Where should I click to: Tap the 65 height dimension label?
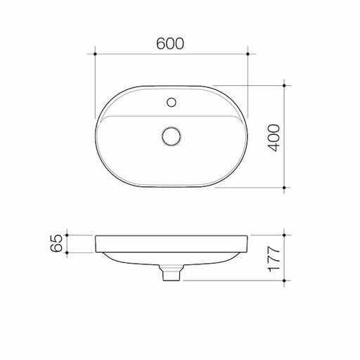58,244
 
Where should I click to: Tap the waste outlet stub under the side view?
171,274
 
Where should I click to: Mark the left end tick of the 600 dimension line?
95,52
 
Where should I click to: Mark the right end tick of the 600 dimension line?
247,52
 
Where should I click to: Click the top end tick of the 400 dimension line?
284,86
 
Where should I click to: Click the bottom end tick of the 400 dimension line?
284,188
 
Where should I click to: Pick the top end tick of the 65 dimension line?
67,235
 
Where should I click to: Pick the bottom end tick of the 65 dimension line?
67,253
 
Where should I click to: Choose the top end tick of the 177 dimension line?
284,235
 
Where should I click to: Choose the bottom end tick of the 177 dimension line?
284,281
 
